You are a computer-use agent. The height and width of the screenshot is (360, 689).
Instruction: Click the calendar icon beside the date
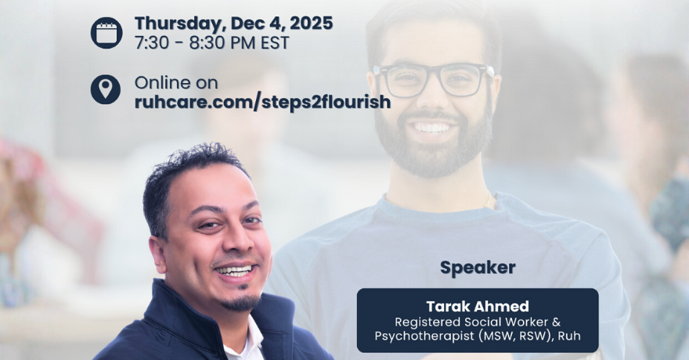(106, 33)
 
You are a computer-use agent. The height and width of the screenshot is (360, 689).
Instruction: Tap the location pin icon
(106, 89)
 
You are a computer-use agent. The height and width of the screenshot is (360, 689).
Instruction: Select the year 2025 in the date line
(311, 23)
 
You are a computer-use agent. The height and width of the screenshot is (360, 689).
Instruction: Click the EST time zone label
(275, 43)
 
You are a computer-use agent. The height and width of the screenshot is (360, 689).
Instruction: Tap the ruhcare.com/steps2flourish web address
(262, 103)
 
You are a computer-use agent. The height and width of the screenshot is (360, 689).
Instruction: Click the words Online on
(176, 82)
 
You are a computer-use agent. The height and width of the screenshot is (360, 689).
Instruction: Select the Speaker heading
(478, 268)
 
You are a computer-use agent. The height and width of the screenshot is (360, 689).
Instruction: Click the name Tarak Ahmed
(478, 306)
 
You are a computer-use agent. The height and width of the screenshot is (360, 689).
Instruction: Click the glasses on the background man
(434, 80)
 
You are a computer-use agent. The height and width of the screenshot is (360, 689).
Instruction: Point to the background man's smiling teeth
(432, 128)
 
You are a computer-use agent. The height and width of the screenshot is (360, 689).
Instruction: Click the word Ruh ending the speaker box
(569, 336)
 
